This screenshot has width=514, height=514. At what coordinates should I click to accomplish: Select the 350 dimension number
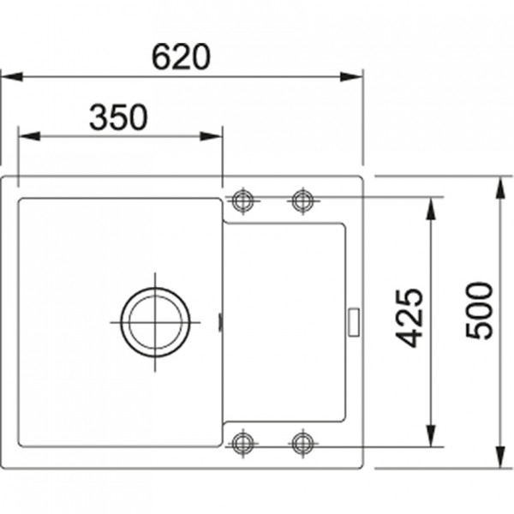coord(118,117)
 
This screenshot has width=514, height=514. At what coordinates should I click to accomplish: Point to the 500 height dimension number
coord(482,310)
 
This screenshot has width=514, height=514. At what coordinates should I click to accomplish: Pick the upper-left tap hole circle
coord(243,200)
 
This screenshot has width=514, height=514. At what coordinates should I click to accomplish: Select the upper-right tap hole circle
coord(302,200)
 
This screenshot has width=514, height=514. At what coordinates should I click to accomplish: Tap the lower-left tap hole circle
coord(243,443)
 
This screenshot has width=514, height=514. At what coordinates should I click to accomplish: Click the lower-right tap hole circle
coord(302,443)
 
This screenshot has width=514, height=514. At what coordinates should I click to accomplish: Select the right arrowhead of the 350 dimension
coord(215,134)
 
